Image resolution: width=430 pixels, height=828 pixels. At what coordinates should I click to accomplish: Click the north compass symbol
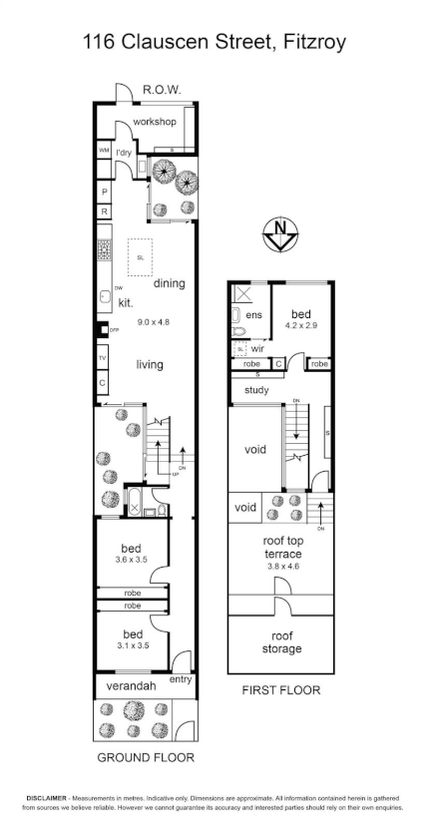pos(281,235)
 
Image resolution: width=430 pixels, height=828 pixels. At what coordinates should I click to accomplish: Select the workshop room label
pos(155,122)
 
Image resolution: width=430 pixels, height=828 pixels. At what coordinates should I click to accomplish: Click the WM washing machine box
pos(104,151)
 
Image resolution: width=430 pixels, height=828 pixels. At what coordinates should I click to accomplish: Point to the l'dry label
pos(124,153)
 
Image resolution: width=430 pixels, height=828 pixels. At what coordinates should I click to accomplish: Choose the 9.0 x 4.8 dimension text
pos(155,322)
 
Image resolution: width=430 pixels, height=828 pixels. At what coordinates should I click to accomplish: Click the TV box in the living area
pos(103,358)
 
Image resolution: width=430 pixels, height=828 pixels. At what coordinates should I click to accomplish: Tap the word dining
pos(170,283)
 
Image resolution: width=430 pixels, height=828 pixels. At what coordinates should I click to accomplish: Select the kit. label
pos(126,302)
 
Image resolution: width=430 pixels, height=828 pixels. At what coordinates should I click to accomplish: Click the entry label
pos(181,679)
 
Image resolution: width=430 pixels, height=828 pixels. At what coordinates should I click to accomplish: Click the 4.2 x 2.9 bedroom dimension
pos(300,325)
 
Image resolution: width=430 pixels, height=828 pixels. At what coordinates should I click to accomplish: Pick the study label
pos(256,390)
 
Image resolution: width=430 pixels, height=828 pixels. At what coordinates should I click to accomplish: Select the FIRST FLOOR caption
pos(281,689)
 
